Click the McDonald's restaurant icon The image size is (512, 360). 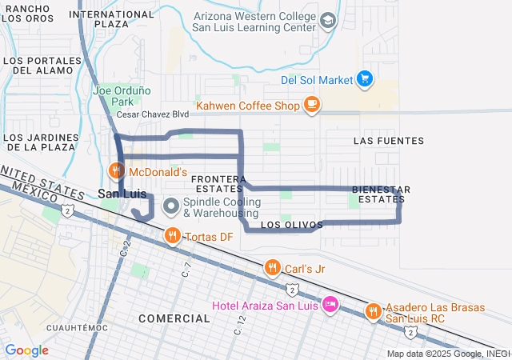[x=116, y=170]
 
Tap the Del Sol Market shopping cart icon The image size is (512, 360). [x=366, y=78]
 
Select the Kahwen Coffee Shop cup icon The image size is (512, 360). [x=311, y=104]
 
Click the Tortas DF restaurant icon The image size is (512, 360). [x=172, y=235]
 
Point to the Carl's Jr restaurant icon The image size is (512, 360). [x=272, y=267]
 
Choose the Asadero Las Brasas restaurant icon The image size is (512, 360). [x=373, y=311]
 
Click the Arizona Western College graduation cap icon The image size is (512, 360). [x=327, y=20]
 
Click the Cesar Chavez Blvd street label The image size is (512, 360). [x=153, y=114]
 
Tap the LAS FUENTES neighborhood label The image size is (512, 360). [x=388, y=141]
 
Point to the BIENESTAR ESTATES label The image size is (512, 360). [x=382, y=194]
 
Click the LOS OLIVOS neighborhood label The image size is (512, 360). [x=292, y=225]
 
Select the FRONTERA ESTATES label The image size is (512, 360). [x=218, y=183]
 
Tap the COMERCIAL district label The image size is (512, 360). [x=174, y=318]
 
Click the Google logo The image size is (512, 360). [x=26, y=350]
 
